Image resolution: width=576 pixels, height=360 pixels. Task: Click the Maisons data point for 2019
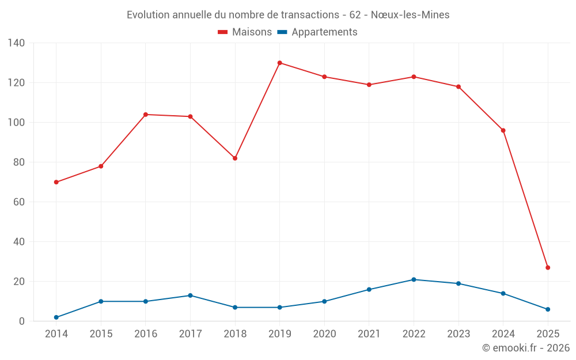click(x=279, y=63)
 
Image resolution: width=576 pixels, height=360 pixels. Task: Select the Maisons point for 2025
click(x=548, y=267)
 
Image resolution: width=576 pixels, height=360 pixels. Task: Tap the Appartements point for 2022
click(x=414, y=279)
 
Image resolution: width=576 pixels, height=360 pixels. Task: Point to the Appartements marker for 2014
click(x=56, y=317)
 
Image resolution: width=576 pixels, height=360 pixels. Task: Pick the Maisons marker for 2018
click(x=235, y=158)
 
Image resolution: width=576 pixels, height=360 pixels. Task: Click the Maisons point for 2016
click(x=146, y=115)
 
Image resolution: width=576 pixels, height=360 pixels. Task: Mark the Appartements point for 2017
click(x=190, y=295)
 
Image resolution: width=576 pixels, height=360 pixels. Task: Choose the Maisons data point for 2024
click(x=503, y=130)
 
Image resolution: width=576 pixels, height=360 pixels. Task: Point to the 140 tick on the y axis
click(x=17, y=43)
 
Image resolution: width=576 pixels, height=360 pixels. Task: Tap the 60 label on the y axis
click(x=19, y=202)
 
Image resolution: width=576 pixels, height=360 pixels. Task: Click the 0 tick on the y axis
click(x=22, y=321)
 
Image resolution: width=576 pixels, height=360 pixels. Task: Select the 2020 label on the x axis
click(x=324, y=334)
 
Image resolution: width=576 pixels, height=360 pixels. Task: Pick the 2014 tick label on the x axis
click(x=56, y=334)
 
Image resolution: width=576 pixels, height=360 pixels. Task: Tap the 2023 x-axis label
click(x=458, y=334)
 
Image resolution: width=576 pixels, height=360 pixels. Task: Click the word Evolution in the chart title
click(x=148, y=15)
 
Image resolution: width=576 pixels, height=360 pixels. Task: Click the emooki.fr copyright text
click(x=526, y=348)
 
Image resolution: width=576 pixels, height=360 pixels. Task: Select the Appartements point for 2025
click(x=548, y=309)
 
